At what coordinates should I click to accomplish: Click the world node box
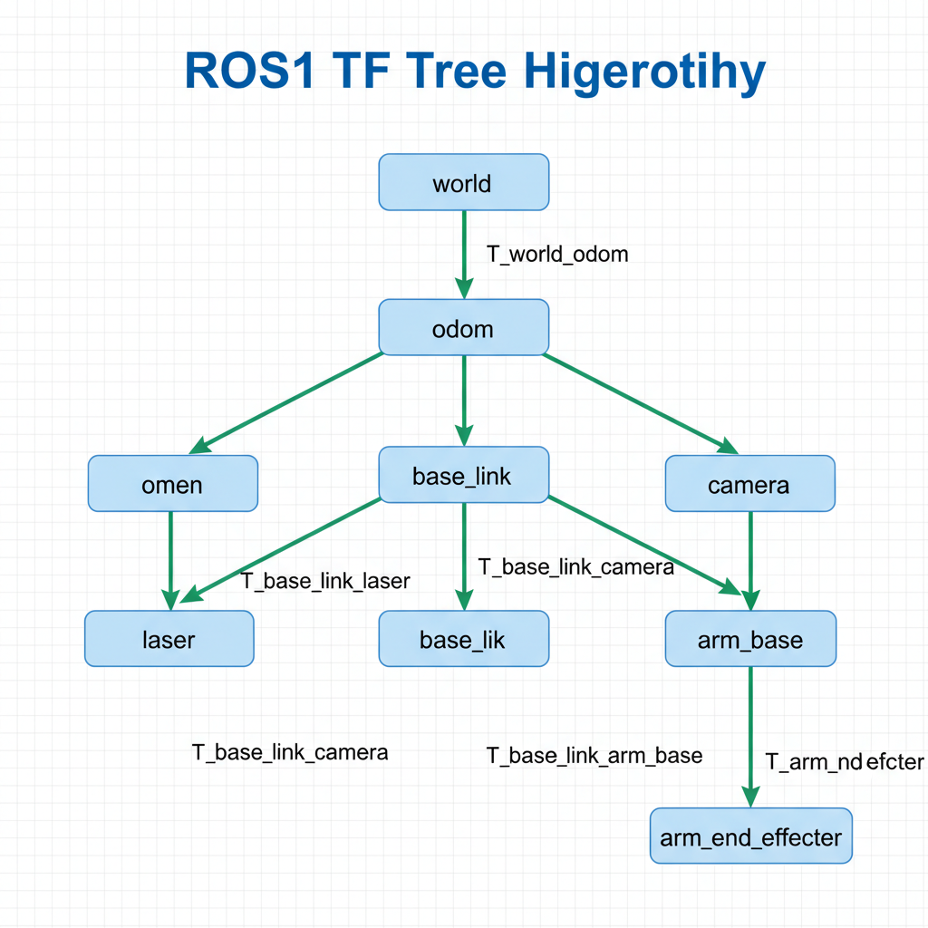coord(463,182)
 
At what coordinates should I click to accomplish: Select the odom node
coord(463,327)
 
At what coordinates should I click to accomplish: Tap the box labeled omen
coord(172,484)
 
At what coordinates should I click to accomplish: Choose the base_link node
coord(463,475)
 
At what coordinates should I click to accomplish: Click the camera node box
coord(749,484)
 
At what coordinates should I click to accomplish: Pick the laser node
coord(169,639)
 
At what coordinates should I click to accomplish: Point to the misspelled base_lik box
coord(463,639)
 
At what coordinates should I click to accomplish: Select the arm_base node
coord(750,639)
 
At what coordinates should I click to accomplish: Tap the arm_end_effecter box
coord(750,836)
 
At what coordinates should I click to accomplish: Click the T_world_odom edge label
coord(557,254)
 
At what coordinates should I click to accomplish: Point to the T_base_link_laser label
coord(325,581)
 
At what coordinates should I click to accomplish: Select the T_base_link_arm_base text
coord(594,755)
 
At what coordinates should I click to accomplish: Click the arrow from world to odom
coord(463,254)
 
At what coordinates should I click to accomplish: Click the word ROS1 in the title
coord(250,72)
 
